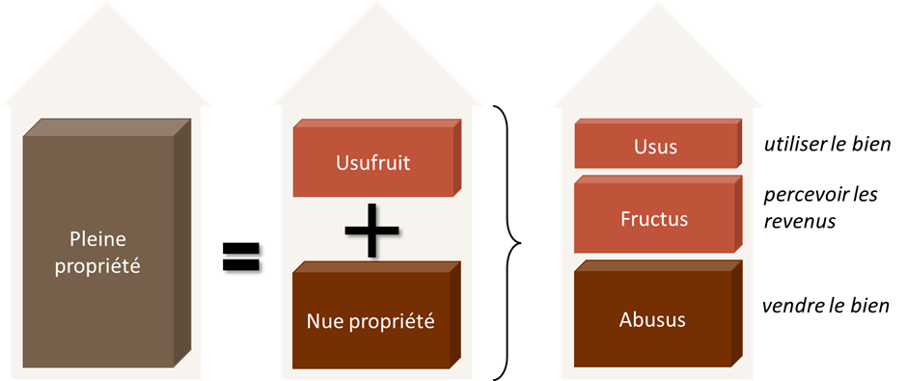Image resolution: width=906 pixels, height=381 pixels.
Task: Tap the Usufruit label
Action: click(371, 162)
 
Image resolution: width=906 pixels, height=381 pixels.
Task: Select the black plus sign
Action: click(371, 231)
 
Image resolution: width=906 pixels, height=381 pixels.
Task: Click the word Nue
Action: click(324, 320)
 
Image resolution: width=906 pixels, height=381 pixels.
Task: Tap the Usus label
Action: click(655, 147)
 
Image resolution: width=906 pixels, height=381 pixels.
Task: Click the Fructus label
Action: click(654, 219)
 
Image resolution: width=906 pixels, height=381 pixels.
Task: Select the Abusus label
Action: click(652, 319)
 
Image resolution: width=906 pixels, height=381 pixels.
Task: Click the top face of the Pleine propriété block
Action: click(106, 127)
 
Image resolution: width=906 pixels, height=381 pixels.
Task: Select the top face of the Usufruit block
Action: click(376, 124)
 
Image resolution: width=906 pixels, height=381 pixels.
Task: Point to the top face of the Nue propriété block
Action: click(376, 266)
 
